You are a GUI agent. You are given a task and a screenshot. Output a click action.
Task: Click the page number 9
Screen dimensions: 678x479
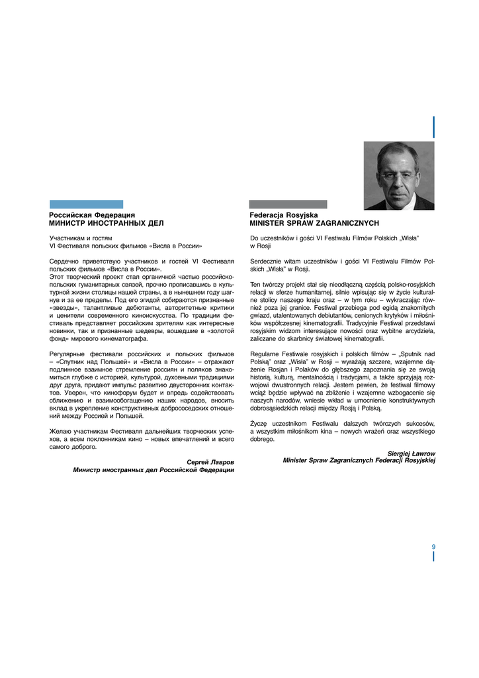pos(433,546)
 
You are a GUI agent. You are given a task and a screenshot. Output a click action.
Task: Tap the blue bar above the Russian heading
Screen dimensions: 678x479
pos(86,205)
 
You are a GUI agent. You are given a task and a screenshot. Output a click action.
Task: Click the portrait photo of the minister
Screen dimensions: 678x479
pos(399,175)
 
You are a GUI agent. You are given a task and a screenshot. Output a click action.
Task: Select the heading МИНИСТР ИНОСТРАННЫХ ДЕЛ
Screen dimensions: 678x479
pos(106,224)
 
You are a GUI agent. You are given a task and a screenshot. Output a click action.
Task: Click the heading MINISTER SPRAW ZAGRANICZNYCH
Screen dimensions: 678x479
pos(314,224)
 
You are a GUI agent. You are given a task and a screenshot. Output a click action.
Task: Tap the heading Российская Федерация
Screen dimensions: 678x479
pos(92,215)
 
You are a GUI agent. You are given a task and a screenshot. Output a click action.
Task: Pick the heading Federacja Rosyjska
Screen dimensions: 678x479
pos(283,215)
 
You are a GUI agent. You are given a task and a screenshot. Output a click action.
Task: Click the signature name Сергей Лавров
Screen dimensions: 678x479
pos(210,461)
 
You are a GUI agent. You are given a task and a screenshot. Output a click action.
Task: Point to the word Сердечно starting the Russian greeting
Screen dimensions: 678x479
pos(64,262)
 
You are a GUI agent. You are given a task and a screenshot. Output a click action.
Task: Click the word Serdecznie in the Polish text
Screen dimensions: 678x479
pos(267,262)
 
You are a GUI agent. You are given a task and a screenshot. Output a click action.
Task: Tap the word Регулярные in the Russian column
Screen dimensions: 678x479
pos(67,354)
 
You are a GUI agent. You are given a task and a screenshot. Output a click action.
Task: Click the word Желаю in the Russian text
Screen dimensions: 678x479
pos(60,431)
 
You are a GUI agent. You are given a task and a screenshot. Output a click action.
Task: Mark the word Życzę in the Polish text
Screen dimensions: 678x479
pos(259,423)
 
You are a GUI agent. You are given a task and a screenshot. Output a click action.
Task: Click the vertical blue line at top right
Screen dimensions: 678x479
pos(433,126)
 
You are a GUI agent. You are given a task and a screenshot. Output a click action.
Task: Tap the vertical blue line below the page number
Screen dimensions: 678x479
pos(433,556)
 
